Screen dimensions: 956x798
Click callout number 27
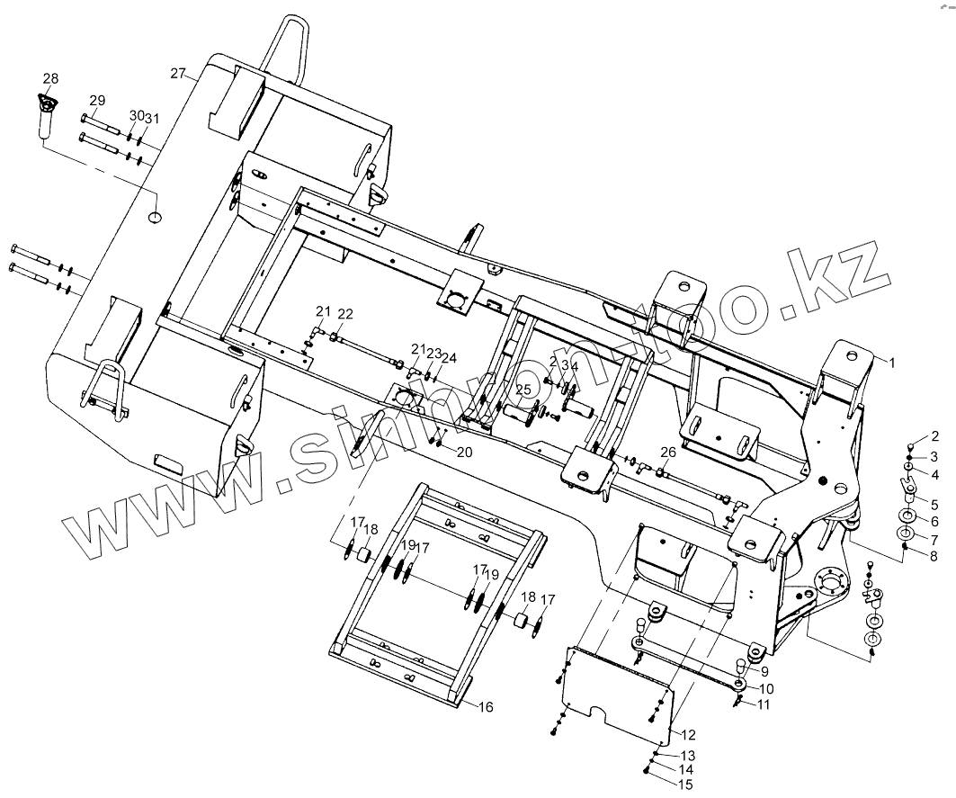coord(177,72)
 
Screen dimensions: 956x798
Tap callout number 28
coord(49,78)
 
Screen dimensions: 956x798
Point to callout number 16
coord(485,707)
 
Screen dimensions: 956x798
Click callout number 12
coord(689,736)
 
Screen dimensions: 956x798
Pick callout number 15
coord(685,785)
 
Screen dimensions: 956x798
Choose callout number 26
coord(667,452)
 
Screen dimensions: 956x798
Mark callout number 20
coord(464,453)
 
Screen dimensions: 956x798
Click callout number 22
coord(345,314)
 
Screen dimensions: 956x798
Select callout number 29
coord(97,100)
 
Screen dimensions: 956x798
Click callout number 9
coord(764,671)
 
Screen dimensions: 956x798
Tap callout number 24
coord(448,358)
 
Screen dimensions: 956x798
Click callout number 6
coord(934,521)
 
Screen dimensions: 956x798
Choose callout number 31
coord(152,119)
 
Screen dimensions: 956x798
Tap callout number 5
coord(934,504)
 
